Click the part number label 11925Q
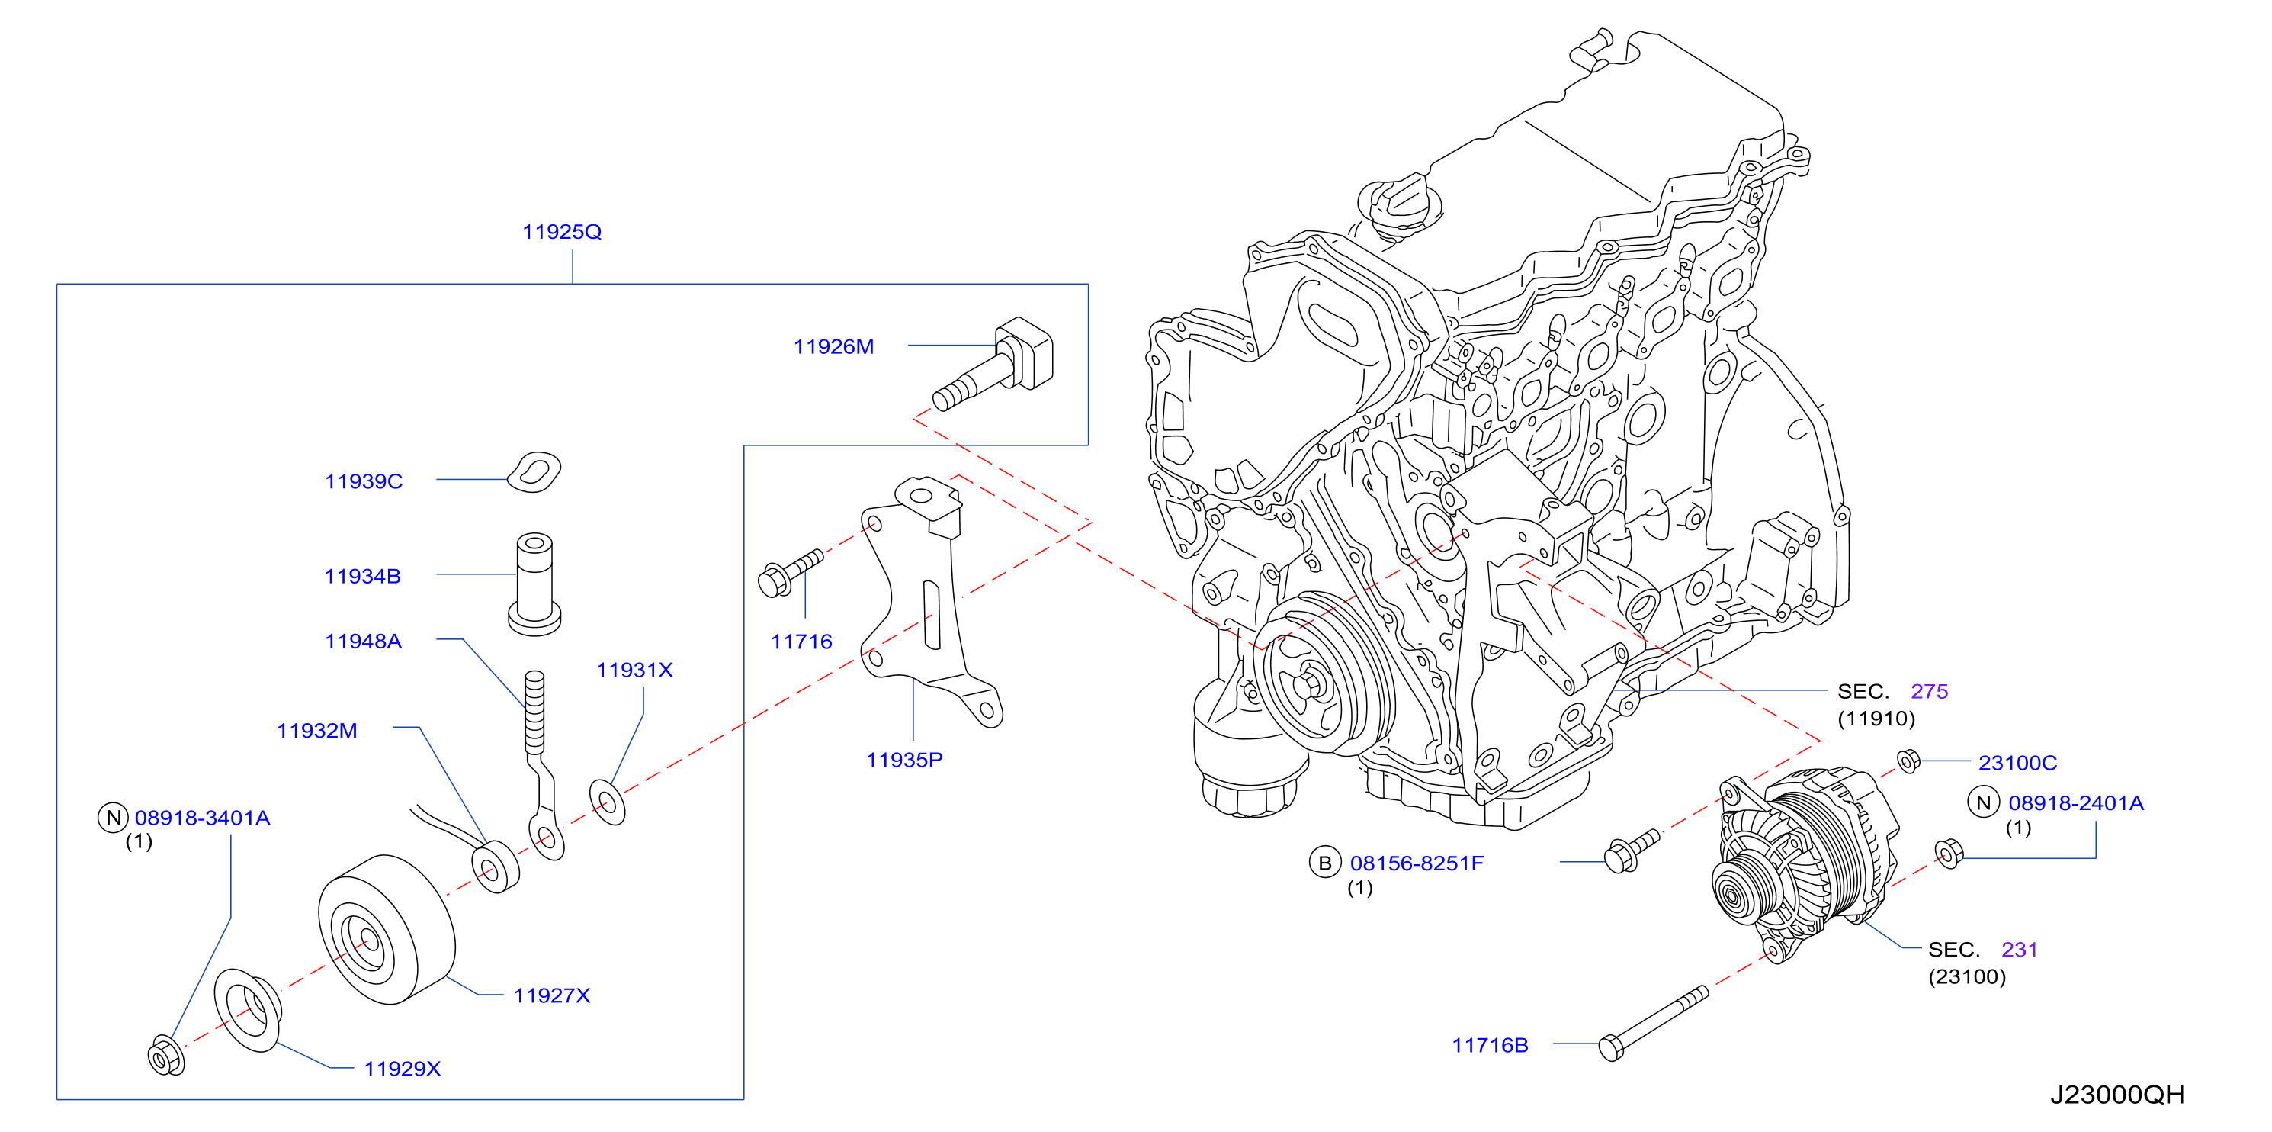tap(562, 232)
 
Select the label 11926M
tap(833, 347)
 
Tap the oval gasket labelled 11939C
tap(534, 472)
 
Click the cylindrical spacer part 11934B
tap(534, 584)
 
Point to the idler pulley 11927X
tap(387, 929)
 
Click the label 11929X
tap(403, 1069)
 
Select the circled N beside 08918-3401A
tap(114, 818)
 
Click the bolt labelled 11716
tap(791, 573)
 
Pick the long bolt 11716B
tap(1653, 1024)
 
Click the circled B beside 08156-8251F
tap(1325, 863)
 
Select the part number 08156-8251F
tap(1417, 863)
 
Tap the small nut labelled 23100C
tap(1908, 760)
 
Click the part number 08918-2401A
tap(2075, 803)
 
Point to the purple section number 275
tap(1929, 692)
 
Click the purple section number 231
tap(2020, 950)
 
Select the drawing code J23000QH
tap(2116, 1095)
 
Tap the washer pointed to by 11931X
tap(607, 802)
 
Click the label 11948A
tap(364, 642)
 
